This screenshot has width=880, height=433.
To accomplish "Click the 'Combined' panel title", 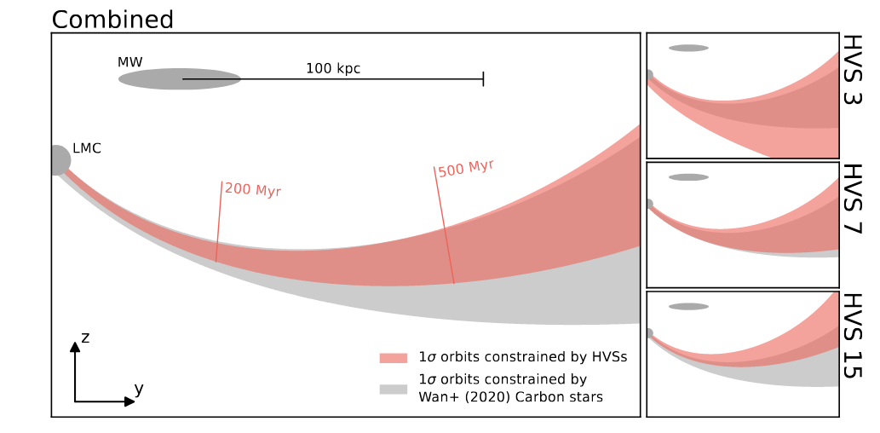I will point(112,19).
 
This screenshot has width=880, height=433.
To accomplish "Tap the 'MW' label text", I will point(130,62).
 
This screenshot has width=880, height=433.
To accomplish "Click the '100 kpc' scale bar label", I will point(333,68).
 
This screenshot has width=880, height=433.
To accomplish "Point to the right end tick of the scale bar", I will point(484,79).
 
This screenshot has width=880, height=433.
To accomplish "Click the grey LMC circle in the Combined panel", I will point(57,160).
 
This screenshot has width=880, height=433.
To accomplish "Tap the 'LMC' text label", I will point(87,148).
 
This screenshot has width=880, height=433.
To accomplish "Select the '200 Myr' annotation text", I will point(253,189).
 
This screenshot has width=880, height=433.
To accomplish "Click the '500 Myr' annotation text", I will point(466,168).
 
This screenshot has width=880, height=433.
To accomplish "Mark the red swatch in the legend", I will point(393,358).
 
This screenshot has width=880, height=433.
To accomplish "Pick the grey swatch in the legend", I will point(393,389).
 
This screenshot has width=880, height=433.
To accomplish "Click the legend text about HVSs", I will point(523,357).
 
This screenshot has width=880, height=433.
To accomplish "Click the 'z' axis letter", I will point(85,338).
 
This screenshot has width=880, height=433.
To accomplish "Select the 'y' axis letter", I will point(138,389).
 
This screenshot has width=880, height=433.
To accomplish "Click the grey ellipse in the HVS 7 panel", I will point(688,177).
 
